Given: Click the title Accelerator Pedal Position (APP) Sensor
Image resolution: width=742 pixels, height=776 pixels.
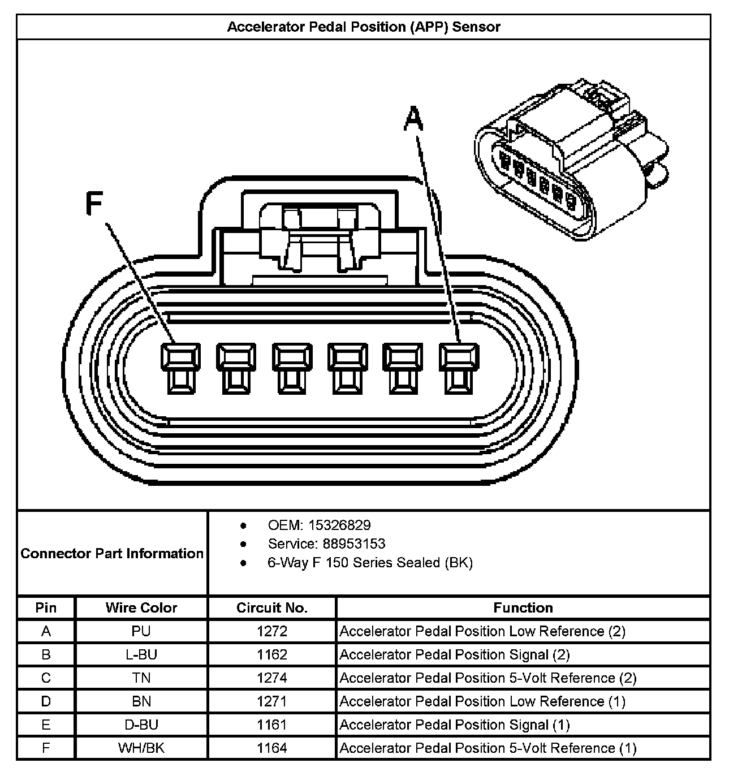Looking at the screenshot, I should click(x=364, y=27).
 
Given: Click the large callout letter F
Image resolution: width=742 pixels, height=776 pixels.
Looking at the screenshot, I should click(x=94, y=204).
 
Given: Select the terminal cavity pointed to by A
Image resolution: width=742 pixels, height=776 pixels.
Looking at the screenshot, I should click(x=459, y=368).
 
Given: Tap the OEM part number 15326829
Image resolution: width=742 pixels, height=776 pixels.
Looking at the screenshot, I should click(x=339, y=525).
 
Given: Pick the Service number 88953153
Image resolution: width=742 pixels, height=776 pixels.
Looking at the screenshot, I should click(x=354, y=544).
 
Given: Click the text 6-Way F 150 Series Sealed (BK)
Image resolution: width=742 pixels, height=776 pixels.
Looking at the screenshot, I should click(x=370, y=562).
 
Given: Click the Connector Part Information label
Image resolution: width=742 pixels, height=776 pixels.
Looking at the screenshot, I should click(x=112, y=553).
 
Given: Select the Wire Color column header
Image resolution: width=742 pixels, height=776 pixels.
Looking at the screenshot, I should click(x=141, y=608).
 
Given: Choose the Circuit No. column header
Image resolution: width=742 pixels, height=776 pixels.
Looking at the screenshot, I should click(x=272, y=608).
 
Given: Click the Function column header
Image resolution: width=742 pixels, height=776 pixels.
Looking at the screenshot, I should click(x=523, y=608).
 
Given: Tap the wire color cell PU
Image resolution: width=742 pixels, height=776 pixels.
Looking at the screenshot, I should click(x=141, y=631).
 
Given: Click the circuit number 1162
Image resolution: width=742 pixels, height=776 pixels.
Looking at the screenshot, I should click(x=272, y=654).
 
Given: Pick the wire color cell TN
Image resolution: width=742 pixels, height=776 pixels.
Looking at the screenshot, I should click(x=141, y=678).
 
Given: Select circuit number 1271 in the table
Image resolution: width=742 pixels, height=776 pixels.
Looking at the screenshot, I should click(x=272, y=701).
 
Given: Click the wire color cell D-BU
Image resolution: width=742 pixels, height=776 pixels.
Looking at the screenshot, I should click(x=141, y=725).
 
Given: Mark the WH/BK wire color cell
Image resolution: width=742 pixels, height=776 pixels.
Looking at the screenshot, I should click(x=141, y=748).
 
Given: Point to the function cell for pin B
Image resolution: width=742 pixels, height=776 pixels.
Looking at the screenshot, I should click(x=455, y=654).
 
